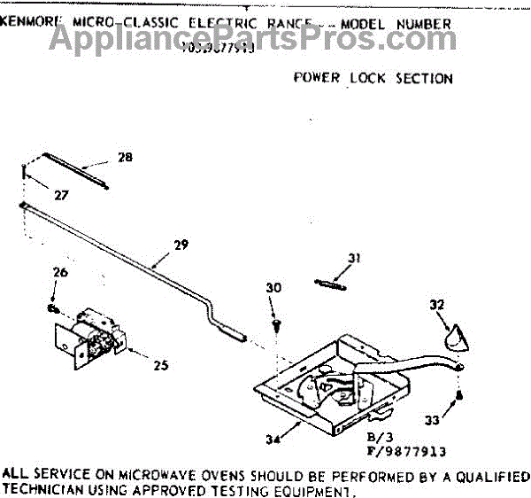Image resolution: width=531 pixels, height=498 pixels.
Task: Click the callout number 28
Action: tap(125, 158)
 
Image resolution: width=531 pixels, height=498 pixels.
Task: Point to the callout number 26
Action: tap(58, 273)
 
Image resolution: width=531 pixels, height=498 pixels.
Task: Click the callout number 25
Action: tap(160, 364)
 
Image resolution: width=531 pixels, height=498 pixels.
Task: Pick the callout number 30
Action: tap(273, 287)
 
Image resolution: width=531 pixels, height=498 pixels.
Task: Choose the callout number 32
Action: tap(435, 305)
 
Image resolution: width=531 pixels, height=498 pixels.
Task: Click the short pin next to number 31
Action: tap(328, 283)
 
